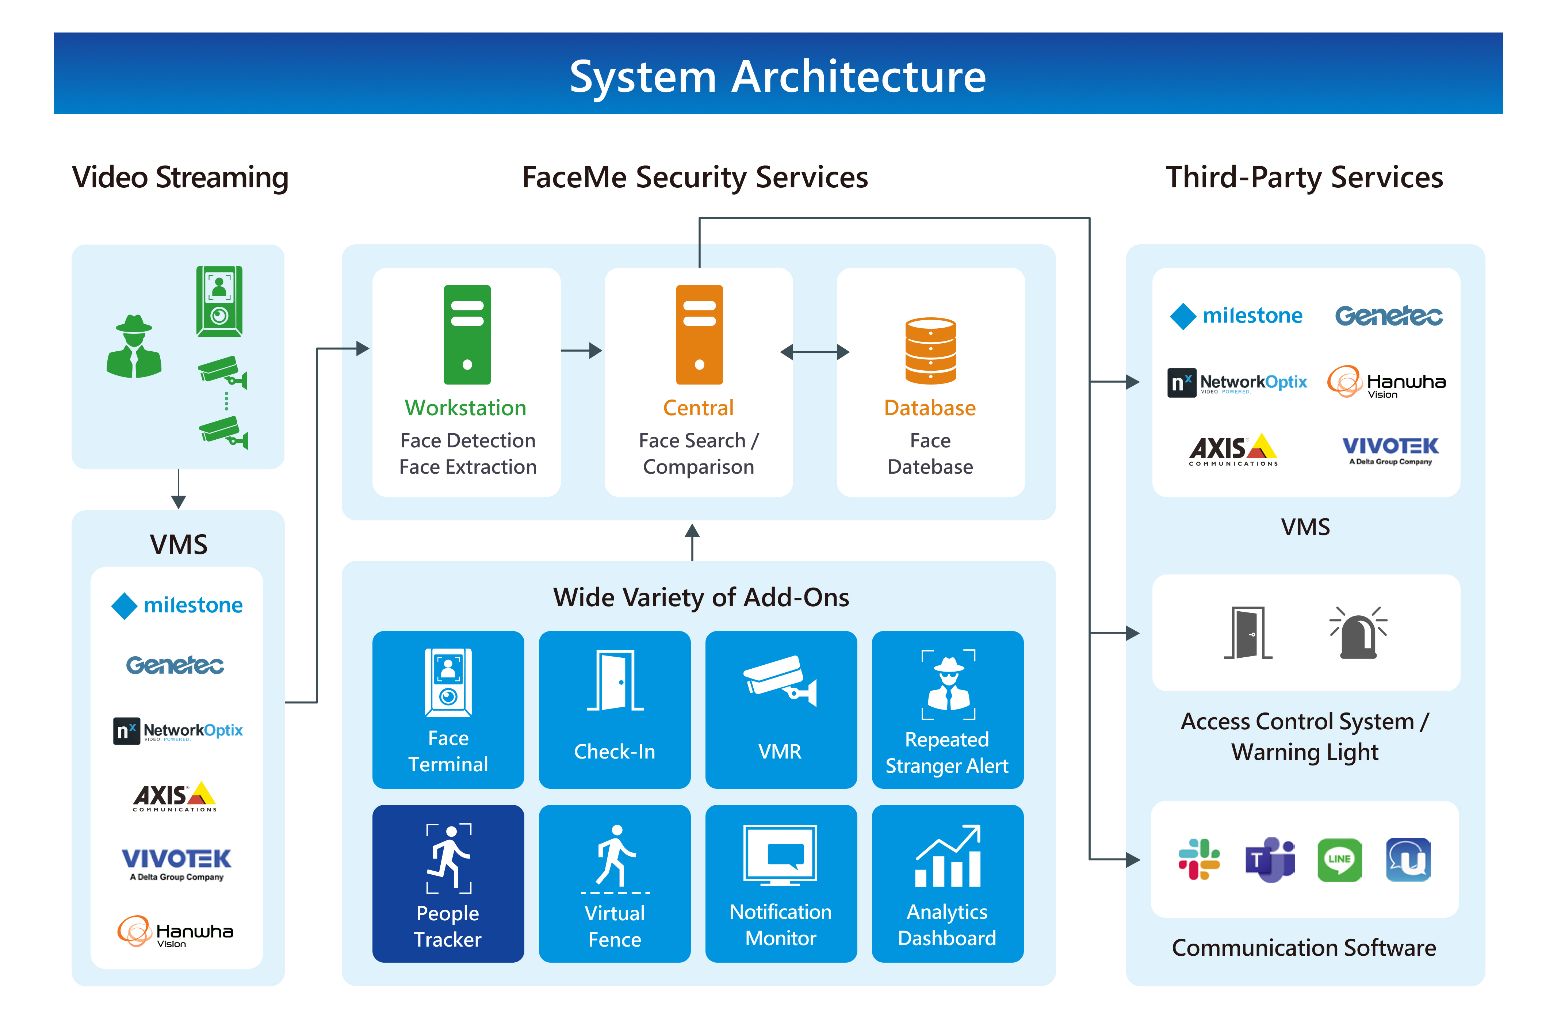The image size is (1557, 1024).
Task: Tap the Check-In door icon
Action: [615, 680]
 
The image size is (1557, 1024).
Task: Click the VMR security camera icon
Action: [780, 680]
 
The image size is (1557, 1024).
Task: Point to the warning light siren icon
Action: [1358, 633]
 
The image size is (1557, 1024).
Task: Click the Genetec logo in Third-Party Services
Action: [1388, 316]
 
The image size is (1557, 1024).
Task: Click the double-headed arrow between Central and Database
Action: [815, 352]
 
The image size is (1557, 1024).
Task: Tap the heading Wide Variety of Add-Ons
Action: [701, 597]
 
